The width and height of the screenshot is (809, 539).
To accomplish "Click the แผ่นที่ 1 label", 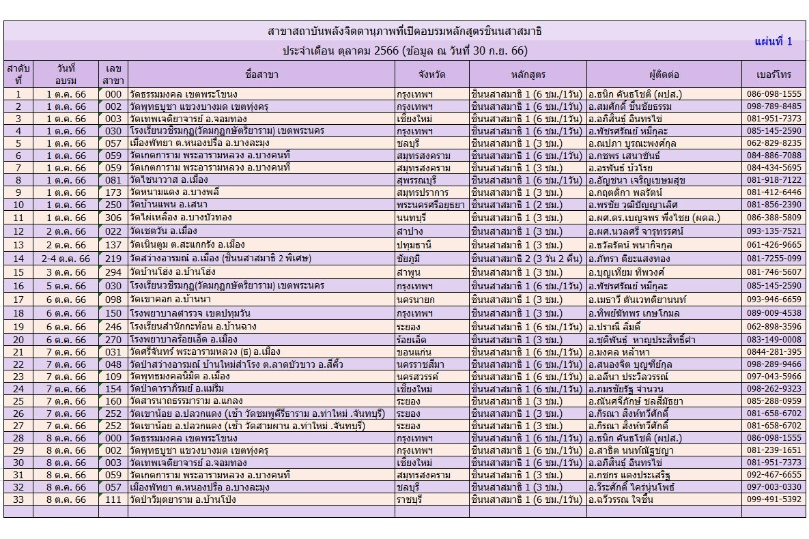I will pos(773,42).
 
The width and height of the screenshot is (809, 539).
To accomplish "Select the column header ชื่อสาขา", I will pos(261,74).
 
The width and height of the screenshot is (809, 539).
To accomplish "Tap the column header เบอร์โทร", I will pos(773,74).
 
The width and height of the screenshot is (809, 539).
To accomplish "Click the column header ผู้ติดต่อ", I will pos(664,74).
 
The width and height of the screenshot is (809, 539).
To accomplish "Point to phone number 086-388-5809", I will pos(773,218).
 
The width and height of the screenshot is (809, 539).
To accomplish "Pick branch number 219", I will pos(113,259).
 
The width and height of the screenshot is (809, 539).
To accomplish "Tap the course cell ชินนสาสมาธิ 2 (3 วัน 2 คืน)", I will pos(526,259).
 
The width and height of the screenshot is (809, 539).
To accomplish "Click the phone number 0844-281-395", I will pos(773,352).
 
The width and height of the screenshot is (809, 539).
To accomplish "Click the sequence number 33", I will pos(18,499).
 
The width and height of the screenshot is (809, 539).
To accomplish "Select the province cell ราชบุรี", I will pos(411,499).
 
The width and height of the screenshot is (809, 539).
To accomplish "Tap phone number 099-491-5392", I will pos(773,499).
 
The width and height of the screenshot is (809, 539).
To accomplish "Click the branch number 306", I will pos(113,218).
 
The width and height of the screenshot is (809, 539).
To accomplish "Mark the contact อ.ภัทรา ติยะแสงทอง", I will pos(629,259).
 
